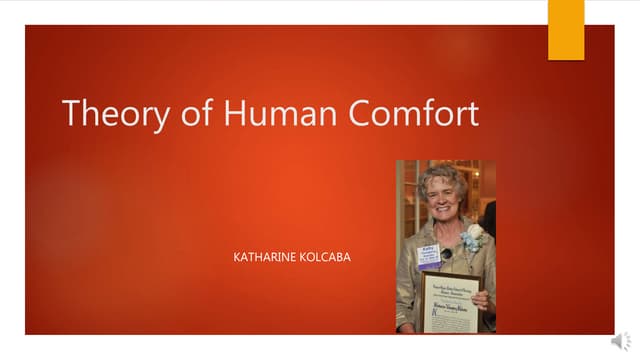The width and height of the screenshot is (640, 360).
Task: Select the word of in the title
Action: tap(186, 112)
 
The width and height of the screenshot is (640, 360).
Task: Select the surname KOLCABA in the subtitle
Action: tap(327, 258)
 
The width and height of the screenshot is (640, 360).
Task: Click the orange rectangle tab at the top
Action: tap(566, 29)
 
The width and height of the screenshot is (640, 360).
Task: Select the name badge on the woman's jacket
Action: tap(428, 255)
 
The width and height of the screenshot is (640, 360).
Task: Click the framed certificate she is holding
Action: tap(449, 302)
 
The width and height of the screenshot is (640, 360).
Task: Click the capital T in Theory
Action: tap(72, 112)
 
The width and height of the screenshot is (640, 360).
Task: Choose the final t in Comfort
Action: tap(472, 112)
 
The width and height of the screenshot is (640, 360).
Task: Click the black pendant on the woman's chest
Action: tap(446, 253)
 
